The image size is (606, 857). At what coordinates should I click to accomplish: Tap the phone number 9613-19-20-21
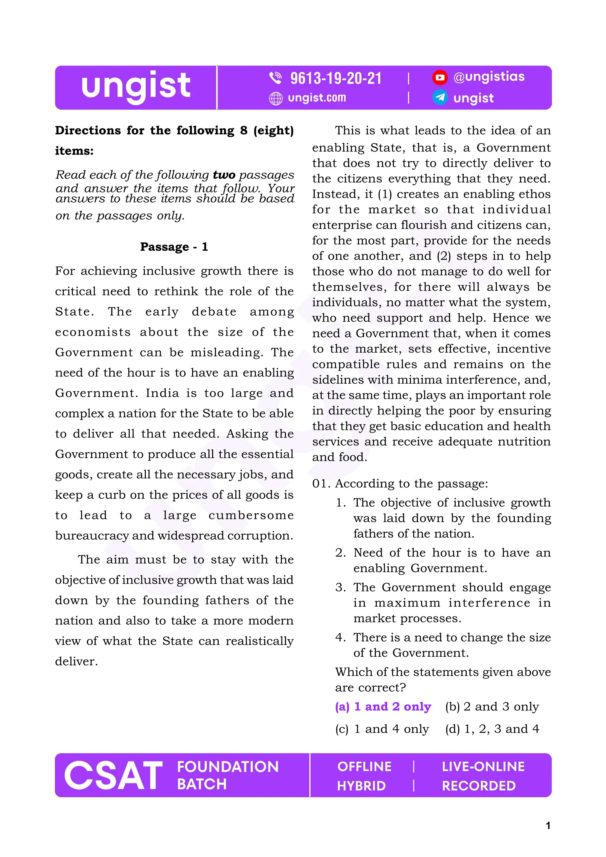[336, 78]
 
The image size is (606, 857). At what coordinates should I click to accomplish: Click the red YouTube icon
[440, 77]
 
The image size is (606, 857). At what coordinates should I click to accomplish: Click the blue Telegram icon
[440, 98]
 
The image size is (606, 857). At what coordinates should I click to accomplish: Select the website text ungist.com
[317, 98]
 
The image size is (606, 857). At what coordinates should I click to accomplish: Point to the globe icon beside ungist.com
[276, 99]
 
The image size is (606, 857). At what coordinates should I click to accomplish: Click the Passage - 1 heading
[174, 247]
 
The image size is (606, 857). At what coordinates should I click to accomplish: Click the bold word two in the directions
[224, 175]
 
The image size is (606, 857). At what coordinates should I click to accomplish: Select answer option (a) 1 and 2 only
[383, 707]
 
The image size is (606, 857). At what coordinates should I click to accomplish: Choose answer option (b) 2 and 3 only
[492, 707]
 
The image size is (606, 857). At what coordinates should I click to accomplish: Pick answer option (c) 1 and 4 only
[382, 729]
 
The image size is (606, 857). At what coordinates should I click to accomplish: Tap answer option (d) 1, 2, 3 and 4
[492, 729]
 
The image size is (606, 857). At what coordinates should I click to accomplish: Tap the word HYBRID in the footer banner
[361, 786]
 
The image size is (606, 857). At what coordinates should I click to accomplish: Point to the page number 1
[548, 825]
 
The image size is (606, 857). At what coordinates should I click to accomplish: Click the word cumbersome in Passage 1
[251, 515]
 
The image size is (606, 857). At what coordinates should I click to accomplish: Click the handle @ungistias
[489, 77]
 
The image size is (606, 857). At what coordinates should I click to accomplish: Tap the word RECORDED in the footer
[479, 786]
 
